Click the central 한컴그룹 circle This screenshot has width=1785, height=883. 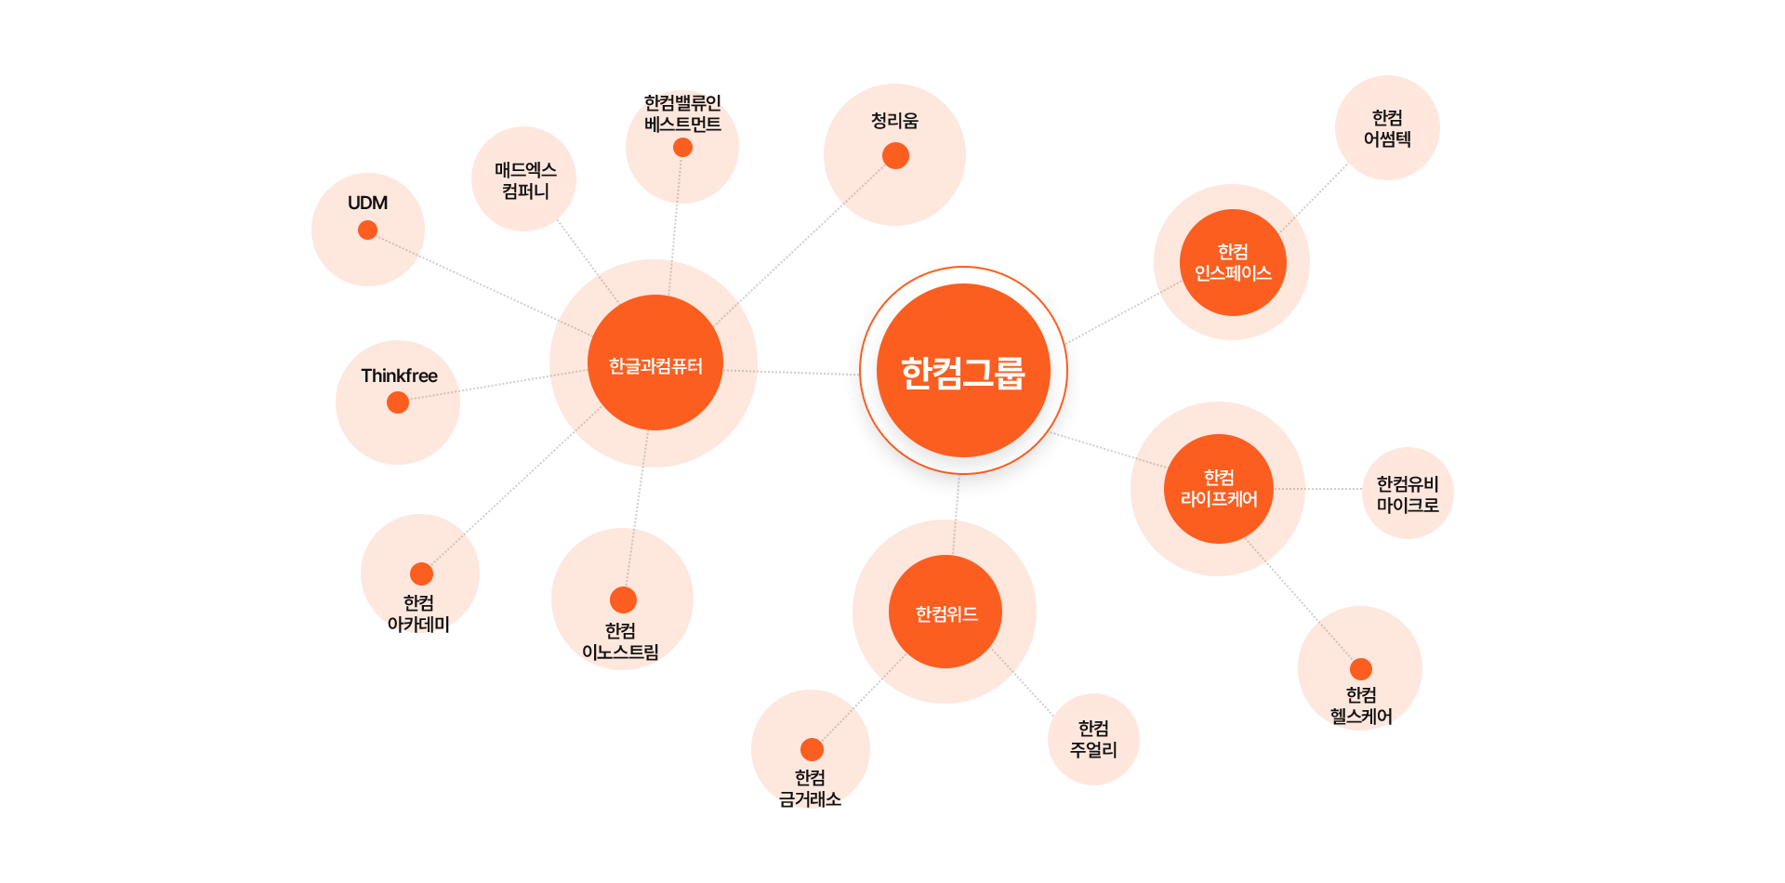(963, 370)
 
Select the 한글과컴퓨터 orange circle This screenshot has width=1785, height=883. (655, 362)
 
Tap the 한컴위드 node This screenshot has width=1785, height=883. (945, 612)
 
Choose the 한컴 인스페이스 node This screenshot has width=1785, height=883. (1233, 262)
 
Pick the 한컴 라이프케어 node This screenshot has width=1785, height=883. (1219, 489)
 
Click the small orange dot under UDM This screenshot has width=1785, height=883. (368, 230)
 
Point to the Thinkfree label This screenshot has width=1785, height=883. (399, 376)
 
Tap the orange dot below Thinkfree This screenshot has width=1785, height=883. (398, 402)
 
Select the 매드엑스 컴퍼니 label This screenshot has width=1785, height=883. (525, 180)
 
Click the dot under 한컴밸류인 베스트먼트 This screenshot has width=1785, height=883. (682, 148)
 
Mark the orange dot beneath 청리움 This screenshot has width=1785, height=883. (895, 156)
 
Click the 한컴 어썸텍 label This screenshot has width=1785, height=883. (1387, 128)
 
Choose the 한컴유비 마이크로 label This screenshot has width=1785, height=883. (1408, 494)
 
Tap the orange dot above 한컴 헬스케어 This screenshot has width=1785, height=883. (1361, 669)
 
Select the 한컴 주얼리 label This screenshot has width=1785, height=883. (1093, 739)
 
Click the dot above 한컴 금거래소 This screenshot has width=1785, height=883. (812, 749)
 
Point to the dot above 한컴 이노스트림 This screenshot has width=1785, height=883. (623, 600)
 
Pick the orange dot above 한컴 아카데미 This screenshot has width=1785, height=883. (421, 573)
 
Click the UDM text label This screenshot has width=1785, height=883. (367, 203)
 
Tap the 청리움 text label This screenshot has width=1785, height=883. (894, 121)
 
